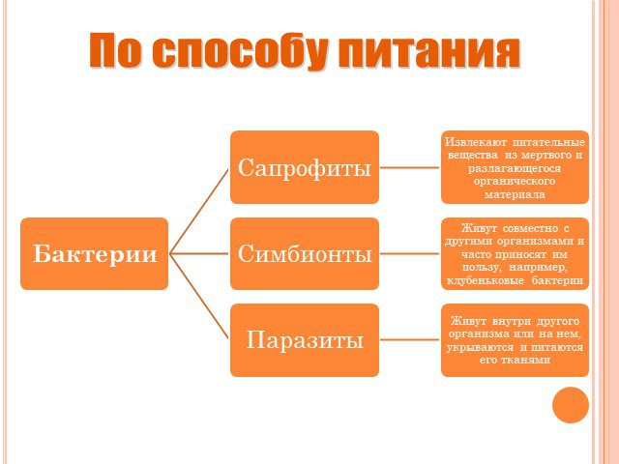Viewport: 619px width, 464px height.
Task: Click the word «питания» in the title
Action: pos(428,51)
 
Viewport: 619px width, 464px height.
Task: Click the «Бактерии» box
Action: pos(95,253)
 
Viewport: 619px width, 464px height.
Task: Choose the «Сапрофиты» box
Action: pos(305,167)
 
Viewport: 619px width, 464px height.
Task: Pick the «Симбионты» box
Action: pos(305,253)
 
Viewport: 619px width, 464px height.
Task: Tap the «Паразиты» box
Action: pos(305,340)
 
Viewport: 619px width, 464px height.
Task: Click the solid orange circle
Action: pos(571,405)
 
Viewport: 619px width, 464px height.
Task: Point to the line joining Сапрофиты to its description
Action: pos(410,167)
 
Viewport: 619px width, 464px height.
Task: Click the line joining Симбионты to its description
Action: pos(410,253)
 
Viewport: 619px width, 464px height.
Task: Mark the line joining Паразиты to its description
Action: pos(410,339)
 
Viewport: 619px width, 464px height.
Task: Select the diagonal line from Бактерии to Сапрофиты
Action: pos(199,211)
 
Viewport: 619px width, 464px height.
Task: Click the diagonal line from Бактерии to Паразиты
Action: pos(199,297)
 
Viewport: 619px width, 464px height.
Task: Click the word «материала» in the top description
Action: pos(515,194)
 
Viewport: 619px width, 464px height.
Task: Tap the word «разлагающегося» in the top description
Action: pos(515,168)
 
